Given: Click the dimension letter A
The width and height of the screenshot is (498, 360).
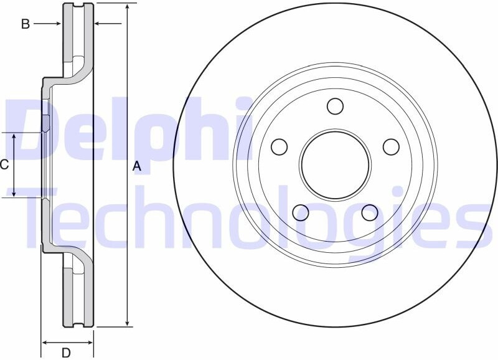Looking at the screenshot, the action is pos(136,166).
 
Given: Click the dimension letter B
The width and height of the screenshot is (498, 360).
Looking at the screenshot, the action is pos(26,24).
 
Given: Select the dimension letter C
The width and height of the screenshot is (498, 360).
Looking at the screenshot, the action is pos(4,165).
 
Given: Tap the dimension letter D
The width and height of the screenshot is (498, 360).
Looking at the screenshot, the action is pos(66,353).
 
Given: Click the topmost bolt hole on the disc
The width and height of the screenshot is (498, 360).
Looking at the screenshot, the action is pos(335,106).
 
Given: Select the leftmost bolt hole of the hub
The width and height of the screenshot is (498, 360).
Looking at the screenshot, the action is pos(280,147).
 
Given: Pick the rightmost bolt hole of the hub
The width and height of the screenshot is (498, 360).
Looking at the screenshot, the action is pos(391,147).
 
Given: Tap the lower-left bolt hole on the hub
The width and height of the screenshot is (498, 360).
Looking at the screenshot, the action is pos(301,212).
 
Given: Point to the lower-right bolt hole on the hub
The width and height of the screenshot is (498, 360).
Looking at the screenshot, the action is pos(370,212).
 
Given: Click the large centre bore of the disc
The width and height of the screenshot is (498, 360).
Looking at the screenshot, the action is pos(336,164).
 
